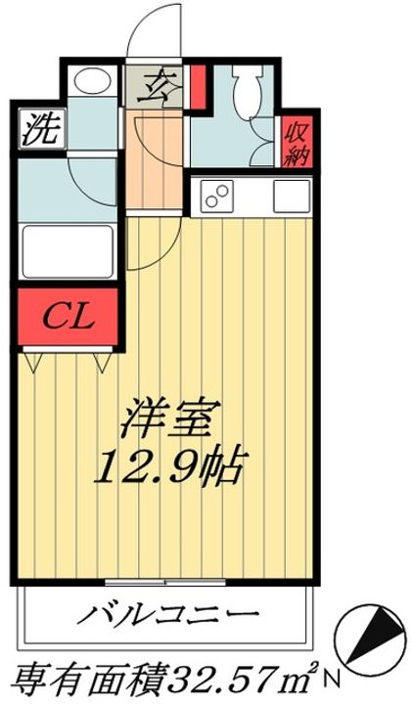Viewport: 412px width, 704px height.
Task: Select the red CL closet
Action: [x=69, y=317]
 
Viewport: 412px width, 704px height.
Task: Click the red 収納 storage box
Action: [x=294, y=142]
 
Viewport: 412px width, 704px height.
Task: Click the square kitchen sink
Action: [x=291, y=198]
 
